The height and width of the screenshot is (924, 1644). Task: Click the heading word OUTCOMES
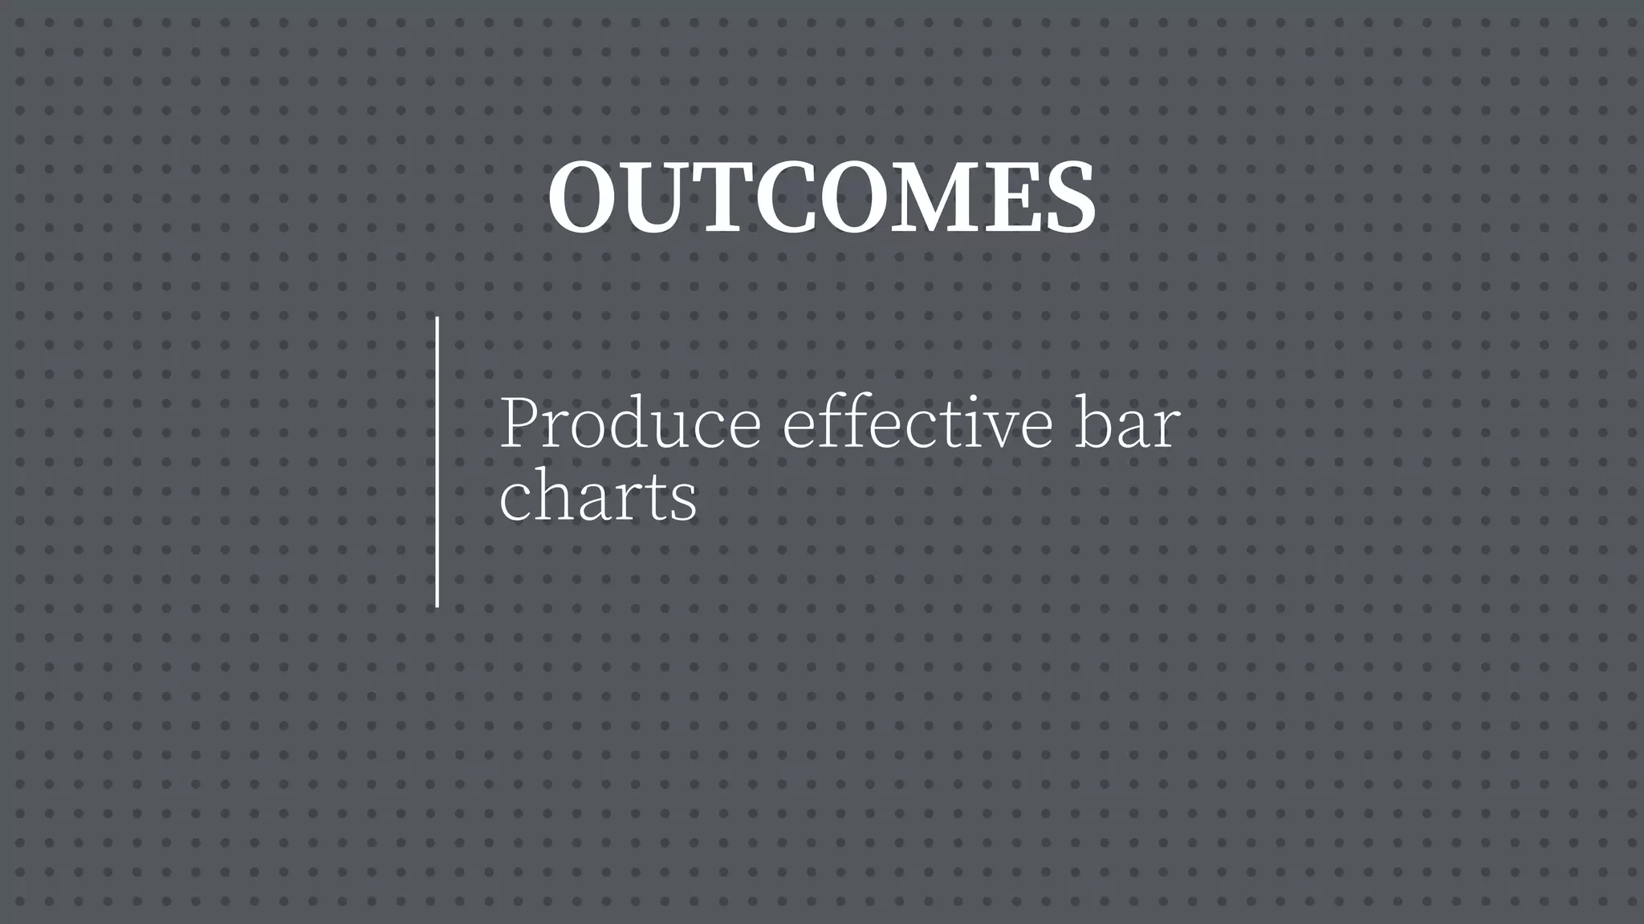(x=821, y=197)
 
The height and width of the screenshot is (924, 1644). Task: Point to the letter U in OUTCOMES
(x=657, y=197)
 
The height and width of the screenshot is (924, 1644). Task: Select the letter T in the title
(x=720, y=197)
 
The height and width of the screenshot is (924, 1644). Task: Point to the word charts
(x=598, y=496)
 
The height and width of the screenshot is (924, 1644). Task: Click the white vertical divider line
(x=437, y=462)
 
